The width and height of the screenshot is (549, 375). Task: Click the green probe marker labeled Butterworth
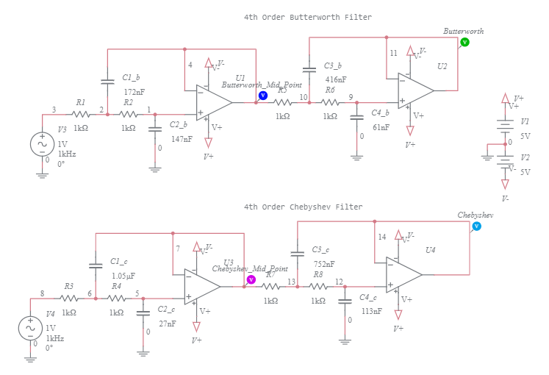click(464, 43)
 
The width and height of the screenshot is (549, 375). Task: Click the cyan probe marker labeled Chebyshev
click(476, 226)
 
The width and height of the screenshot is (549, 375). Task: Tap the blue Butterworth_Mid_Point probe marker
click(262, 96)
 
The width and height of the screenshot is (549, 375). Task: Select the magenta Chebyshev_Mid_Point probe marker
click(251, 280)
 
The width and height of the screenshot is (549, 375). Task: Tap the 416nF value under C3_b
click(335, 79)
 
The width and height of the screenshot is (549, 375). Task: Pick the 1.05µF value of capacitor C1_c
click(123, 276)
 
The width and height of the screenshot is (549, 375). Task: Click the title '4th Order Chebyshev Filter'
click(303, 207)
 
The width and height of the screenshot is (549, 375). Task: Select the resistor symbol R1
click(81, 114)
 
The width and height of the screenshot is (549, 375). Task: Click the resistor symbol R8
click(318, 287)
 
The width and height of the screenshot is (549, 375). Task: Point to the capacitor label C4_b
click(381, 113)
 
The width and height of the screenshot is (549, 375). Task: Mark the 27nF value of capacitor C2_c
click(167, 322)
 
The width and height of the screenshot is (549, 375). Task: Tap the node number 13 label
click(292, 282)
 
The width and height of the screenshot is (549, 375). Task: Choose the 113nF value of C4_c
click(372, 311)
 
